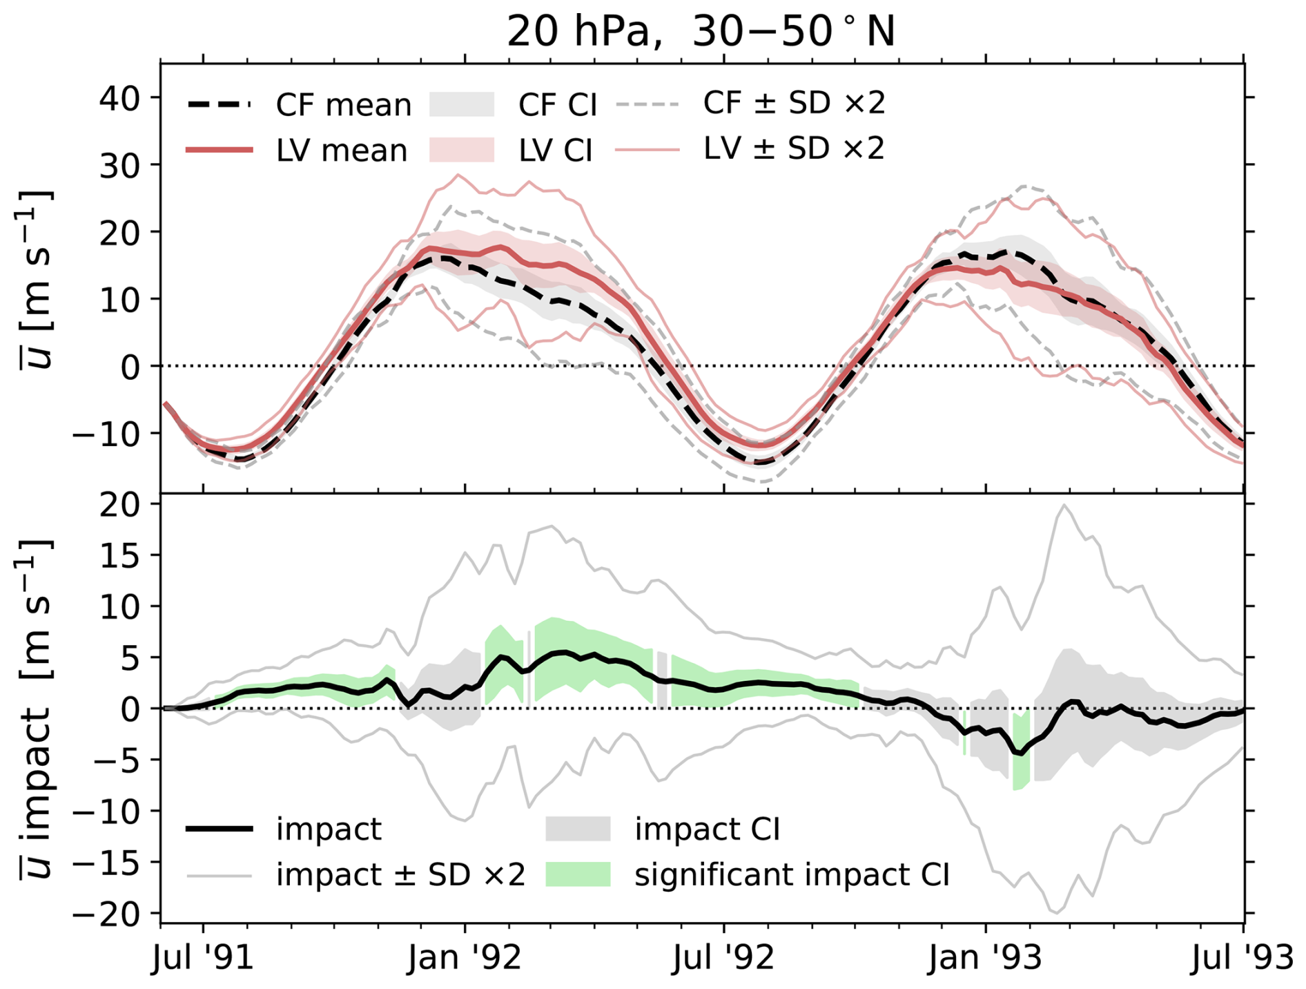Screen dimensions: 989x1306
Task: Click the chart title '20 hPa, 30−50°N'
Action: [x=700, y=31]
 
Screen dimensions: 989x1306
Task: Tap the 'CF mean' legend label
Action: [x=343, y=105]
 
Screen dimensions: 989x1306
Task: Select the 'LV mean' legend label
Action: [x=342, y=150]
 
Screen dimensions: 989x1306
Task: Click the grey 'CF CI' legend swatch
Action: [x=462, y=105]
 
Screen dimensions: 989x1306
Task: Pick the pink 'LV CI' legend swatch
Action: [x=462, y=150]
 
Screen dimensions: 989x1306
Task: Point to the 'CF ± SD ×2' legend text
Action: [x=794, y=104]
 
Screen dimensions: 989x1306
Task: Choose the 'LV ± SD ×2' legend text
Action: [x=794, y=148]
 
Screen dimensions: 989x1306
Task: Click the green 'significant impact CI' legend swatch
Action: [x=578, y=874]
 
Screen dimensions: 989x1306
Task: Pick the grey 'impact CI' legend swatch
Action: [x=578, y=829]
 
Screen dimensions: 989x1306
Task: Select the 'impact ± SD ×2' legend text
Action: [x=400, y=874]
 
